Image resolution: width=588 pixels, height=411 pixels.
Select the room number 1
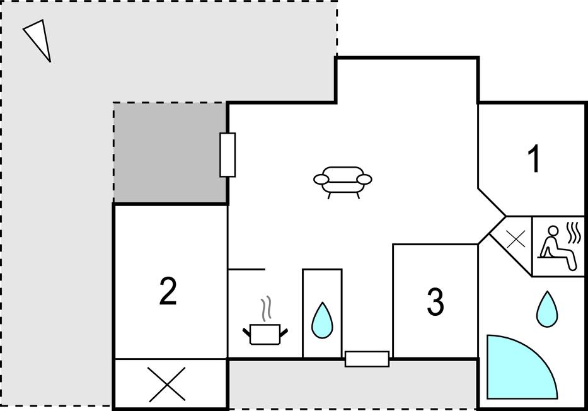[534, 159]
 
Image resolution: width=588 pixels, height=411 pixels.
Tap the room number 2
[168, 291]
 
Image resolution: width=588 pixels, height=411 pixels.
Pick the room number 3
[435, 301]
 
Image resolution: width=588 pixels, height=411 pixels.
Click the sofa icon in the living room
[343, 182]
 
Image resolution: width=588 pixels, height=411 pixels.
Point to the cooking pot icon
[265, 333]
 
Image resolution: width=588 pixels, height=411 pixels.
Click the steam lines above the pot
[266, 309]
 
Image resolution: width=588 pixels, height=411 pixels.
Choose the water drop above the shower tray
[547, 309]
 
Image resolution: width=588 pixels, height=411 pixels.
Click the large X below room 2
[167, 385]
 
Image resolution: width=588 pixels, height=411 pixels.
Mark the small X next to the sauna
[516, 239]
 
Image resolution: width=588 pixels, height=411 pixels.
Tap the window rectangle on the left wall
[228, 154]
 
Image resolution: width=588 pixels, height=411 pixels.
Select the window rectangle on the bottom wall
[367, 359]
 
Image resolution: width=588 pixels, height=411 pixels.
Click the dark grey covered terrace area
[170, 153]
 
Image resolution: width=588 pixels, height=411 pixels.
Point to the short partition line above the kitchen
[246, 269]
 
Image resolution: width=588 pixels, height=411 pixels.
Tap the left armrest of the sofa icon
[321, 180]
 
